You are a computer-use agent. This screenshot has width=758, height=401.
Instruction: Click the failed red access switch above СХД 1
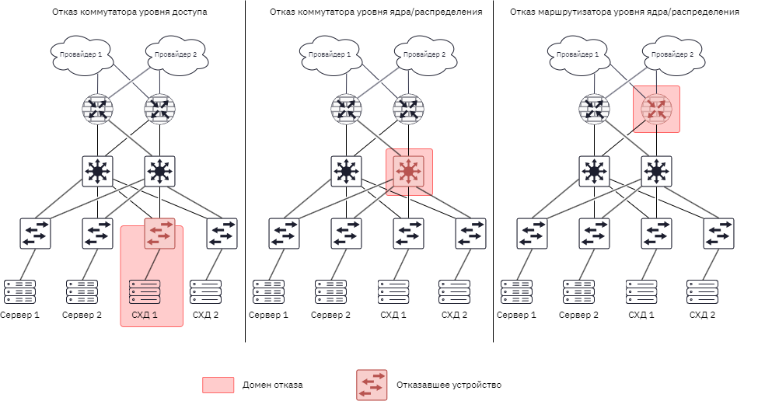[x=159, y=233]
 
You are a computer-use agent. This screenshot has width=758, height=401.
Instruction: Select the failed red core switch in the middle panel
[x=408, y=171]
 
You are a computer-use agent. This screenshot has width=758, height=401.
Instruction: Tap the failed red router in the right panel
[x=656, y=109]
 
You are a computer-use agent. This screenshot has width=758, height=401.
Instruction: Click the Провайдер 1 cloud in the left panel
[x=82, y=55]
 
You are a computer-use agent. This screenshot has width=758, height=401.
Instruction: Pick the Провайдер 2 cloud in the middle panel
[x=425, y=55]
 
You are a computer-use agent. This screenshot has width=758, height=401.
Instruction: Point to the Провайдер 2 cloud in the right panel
[x=673, y=55]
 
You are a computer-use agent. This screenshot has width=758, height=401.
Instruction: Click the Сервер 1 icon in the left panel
[x=19, y=291]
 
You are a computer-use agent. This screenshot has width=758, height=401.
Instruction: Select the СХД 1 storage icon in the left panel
[x=145, y=291]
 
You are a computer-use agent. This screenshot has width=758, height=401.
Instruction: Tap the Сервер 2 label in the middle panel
[x=330, y=315]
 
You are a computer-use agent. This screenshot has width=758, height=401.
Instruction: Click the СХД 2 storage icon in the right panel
[x=702, y=291]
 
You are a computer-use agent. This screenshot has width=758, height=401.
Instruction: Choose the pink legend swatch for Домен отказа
[x=218, y=385]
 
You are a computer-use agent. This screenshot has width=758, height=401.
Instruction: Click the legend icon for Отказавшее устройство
[x=372, y=385]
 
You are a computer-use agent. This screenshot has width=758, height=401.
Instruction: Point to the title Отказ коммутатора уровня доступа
[x=130, y=12]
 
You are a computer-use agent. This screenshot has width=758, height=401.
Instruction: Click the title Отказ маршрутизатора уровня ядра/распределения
[x=624, y=12]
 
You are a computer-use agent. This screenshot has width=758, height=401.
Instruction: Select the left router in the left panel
[x=98, y=109]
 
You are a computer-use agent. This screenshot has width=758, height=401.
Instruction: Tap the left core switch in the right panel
[x=594, y=171]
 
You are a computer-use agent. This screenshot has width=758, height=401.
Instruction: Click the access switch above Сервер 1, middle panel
[x=285, y=233]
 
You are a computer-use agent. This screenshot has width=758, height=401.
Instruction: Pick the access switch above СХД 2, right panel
[x=718, y=233]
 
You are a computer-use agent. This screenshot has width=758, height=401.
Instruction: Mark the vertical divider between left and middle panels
[x=245, y=171]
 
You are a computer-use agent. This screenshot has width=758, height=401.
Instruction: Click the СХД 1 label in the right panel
[x=641, y=315]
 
